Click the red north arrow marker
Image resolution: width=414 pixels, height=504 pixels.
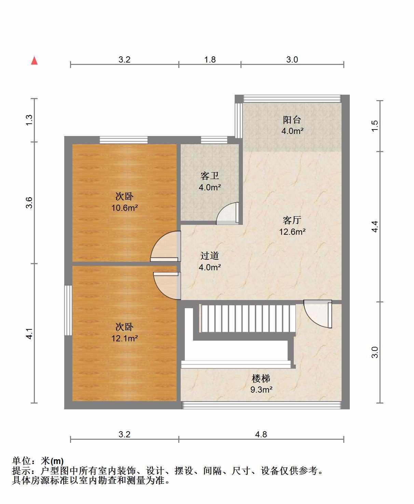pyautogui.click(x=34, y=60)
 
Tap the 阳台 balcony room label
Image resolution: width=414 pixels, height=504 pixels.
pyautogui.click(x=292, y=120)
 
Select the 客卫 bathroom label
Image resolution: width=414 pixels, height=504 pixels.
pyautogui.click(x=209, y=176)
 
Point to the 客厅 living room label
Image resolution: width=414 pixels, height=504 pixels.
pyautogui.click(x=292, y=220)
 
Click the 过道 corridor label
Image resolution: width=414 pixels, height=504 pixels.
pyautogui.click(x=209, y=256)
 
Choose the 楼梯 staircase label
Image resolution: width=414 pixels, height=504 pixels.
pyautogui.click(x=261, y=379)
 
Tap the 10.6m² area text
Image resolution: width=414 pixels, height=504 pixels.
pyautogui.click(x=124, y=208)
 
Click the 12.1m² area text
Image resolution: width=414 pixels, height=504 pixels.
pyautogui.click(x=124, y=338)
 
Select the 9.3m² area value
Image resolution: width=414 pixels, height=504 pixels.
pyautogui.click(x=261, y=390)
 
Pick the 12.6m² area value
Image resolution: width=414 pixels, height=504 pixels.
pyautogui.click(x=292, y=232)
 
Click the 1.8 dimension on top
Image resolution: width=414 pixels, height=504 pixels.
pyautogui.click(x=210, y=59)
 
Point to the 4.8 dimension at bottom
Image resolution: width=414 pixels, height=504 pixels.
pyautogui.click(x=261, y=434)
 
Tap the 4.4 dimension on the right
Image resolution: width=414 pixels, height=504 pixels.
pyautogui.click(x=375, y=227)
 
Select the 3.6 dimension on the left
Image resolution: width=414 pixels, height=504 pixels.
pyautogui.click(x=29, y=203)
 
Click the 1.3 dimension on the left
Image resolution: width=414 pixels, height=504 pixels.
pyautogui.click(x=29, y=120)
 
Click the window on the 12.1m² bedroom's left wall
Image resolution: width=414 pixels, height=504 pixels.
pyautogui.click(x=68, y=310)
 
